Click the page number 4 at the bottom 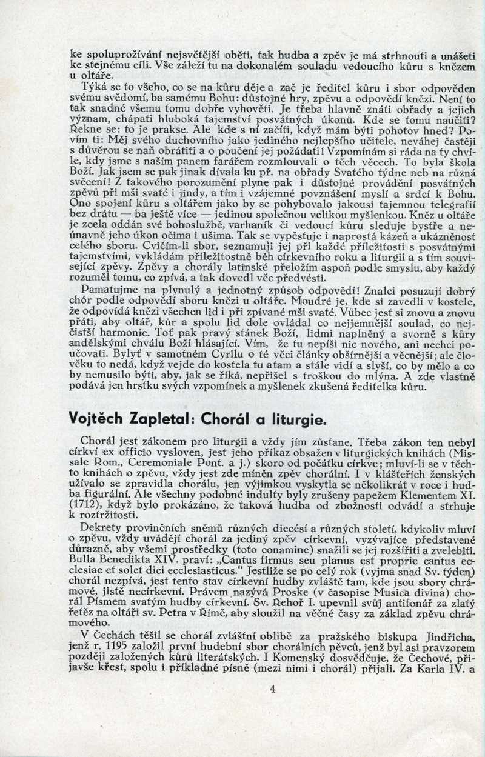272,689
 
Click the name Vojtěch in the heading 97,419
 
